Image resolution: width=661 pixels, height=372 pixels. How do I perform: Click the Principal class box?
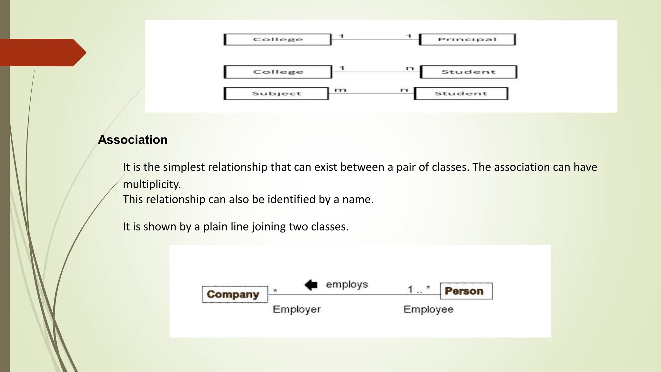(467, 39)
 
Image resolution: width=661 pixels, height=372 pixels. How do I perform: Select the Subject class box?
(276, 94)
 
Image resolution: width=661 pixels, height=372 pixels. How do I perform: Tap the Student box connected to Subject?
(461, 94)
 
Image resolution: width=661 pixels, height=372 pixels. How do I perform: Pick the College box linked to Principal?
(278, 39)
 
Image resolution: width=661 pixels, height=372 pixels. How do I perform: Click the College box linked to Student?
(278, 72)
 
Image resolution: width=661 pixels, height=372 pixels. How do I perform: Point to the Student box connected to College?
(468, 72)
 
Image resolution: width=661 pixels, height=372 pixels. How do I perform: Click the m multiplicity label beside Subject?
(340, 90)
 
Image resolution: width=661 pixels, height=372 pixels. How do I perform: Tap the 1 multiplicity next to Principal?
(409, 36)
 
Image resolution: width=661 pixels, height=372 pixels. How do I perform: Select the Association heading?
(133, 140)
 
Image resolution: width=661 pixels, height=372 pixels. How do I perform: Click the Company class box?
(235, 294)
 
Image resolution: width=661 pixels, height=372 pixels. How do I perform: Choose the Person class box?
(466, 291)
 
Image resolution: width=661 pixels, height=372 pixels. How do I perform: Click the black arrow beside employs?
(311, 284)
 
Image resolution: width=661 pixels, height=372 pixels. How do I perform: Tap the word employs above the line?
(347, 284)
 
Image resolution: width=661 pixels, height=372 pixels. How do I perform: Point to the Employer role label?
(297, 309)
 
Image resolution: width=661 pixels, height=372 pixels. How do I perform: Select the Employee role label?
(428, 309)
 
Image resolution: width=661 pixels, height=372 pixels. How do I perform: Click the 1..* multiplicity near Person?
(419, 289)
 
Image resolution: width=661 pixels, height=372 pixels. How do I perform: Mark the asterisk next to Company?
(275, 290)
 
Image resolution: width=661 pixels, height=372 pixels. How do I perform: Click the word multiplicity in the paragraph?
(152, 184)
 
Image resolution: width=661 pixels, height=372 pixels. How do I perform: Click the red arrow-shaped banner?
(42, 52)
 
